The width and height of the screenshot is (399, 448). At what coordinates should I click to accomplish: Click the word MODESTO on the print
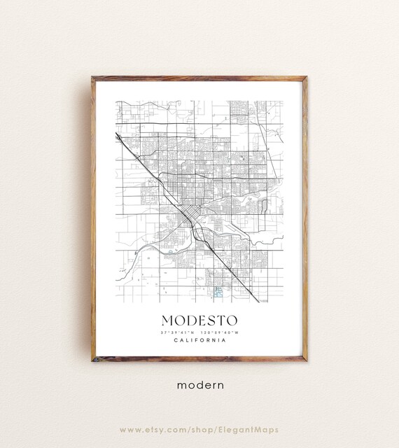pyautogui.click(x=199, y=319)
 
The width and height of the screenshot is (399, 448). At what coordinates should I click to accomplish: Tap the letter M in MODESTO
pyautogui.click(x=169, y=319)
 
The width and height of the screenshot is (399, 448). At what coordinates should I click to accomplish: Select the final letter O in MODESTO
pyautogui.click(x=231, y=319)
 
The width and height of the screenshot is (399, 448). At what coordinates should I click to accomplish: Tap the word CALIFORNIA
pyautogui.click(x=199, y=342)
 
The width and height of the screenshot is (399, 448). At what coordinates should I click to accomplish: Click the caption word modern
pyautogui.click(x=199, y=384)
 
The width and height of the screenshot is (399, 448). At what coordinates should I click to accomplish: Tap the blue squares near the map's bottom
pyautogui.click(x=218, y=290)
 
